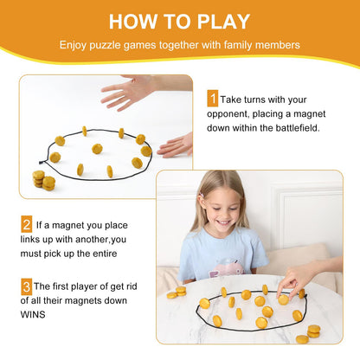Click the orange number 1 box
pyautogui.click(x=211, y=100)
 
